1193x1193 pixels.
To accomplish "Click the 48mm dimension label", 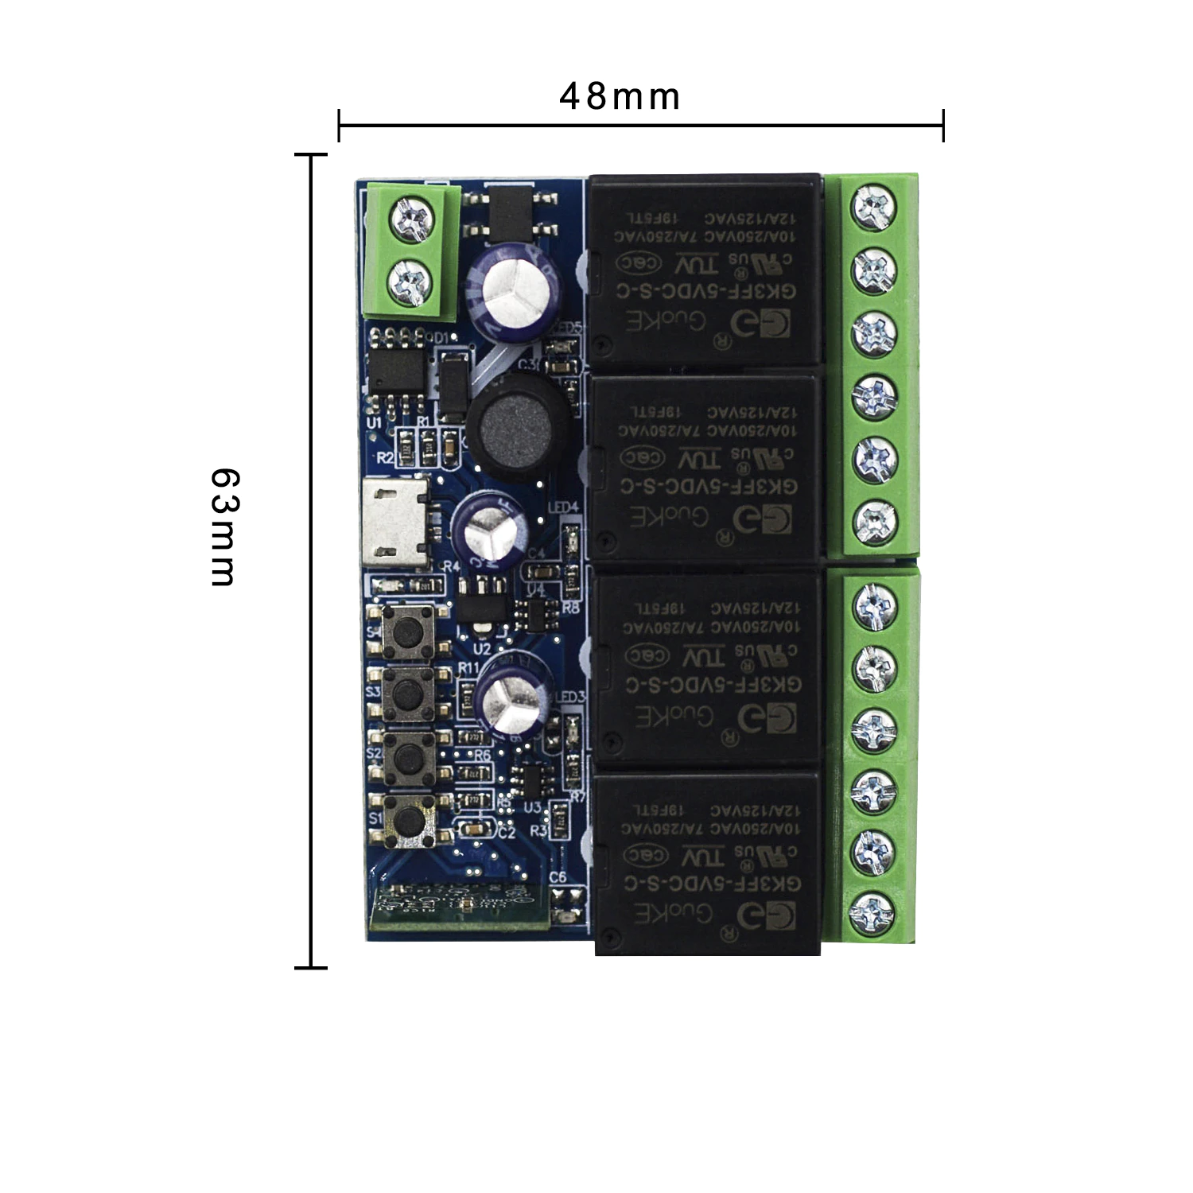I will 620,97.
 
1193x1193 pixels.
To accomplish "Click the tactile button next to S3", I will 408,692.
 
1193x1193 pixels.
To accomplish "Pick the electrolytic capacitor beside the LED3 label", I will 514,699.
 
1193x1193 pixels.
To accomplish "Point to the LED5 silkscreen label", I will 568,328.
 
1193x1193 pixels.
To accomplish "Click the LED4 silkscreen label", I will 564,507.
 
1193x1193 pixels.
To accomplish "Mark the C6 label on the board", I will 558,876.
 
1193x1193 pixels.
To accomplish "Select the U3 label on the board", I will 532,807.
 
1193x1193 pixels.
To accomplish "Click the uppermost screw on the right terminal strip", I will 872,205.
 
